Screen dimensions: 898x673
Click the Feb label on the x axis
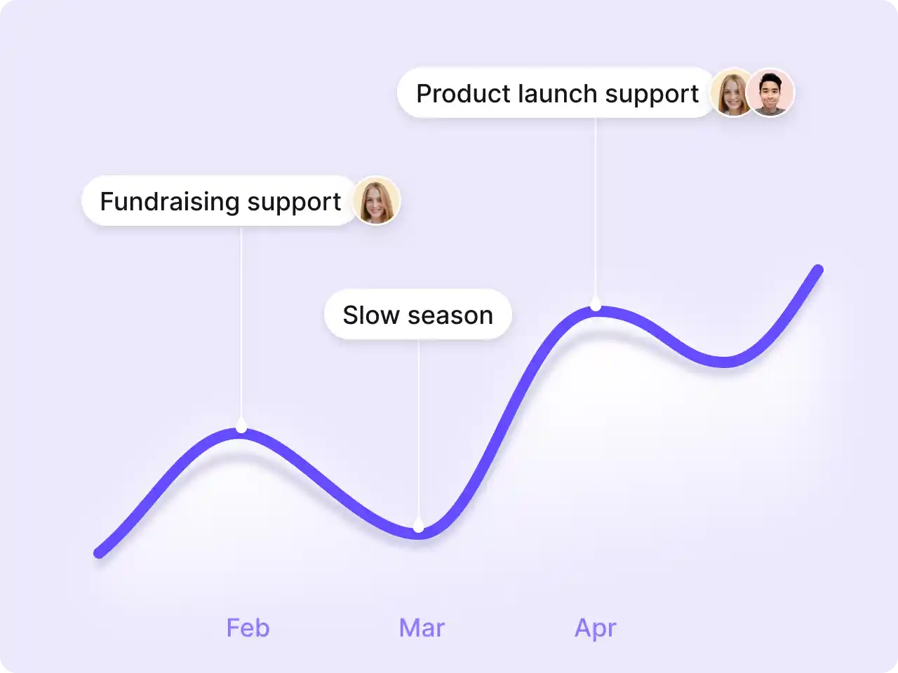tap(248, 627)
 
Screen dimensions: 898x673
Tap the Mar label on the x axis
tap(422, 627)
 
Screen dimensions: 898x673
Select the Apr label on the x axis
tap(595, 628)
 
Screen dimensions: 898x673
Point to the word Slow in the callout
tap(371, 315)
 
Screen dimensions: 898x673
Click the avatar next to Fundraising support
tap(376, 200)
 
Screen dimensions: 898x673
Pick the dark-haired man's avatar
tap(770, 93)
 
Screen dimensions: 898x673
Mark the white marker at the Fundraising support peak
tap(241, 426)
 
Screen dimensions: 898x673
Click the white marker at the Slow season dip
tap(418, 524)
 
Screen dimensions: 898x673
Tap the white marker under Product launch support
tap(596, 303)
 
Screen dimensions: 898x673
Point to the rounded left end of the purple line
tap(100, 552)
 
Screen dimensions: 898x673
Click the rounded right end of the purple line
tap(817, 270)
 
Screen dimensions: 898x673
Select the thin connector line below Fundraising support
tap(241, 322)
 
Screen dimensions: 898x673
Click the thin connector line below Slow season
tap(418, 428)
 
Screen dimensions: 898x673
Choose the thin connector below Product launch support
tap(596, 207)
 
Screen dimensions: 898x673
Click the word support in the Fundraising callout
tap(294, 203)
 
